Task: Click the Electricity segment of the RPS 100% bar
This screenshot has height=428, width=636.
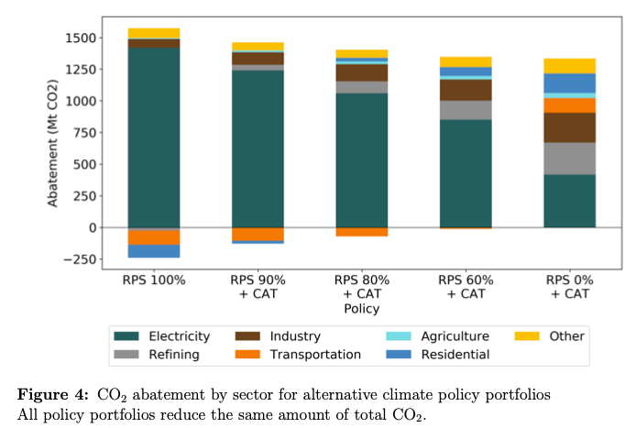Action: [154, 137]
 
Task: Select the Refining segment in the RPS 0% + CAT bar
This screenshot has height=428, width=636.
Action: [569, 158]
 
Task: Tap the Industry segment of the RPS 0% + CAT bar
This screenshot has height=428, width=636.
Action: [569, 127]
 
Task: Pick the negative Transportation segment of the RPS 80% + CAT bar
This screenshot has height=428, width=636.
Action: [362, 232]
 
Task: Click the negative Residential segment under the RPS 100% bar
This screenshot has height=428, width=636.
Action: [154, 251]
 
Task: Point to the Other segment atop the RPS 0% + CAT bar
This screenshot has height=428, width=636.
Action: [569, 66]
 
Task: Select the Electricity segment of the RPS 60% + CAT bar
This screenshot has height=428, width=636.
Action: [466, 173]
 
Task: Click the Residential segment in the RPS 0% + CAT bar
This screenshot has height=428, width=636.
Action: [569, 83]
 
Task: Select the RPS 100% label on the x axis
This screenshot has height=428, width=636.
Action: [154, 280]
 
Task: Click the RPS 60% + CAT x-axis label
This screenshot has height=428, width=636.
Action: [466, 286]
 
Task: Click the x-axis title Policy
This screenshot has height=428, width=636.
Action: [361, 309]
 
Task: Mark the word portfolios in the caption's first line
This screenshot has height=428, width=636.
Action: [508, 395]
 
